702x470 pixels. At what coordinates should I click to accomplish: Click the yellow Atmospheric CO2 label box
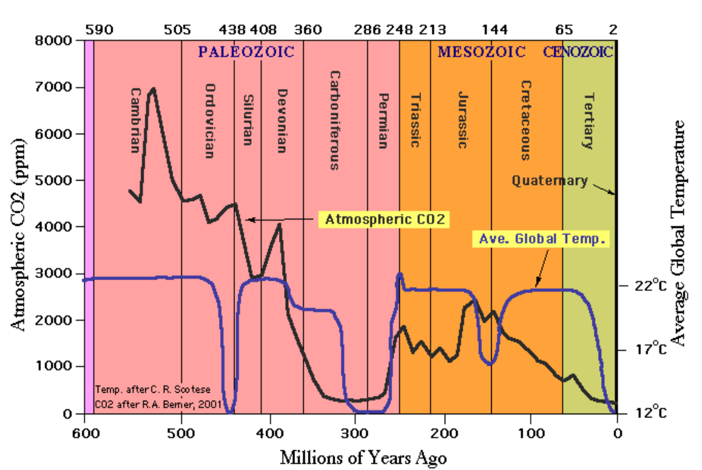[x=382, y=220]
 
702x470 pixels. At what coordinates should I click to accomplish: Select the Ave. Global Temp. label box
[x=541, y=238]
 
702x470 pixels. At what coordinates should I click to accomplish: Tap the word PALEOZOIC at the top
[x=246, y=52]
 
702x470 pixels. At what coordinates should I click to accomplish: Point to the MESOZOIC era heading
[x=481, y=52]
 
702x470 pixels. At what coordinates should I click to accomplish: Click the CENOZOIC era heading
[x=578, y=52]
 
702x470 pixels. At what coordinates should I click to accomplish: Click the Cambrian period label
[x=135, y=119]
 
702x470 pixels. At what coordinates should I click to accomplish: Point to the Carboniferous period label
[x=334, y=120]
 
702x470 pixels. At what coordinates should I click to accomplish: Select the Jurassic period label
[x=461, y=120]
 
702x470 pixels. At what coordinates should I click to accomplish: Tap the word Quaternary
[x=549, y=181]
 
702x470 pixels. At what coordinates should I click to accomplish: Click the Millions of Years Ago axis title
[x=363, y=458]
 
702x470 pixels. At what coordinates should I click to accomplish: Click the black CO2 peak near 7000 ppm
[x=153, y=89]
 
